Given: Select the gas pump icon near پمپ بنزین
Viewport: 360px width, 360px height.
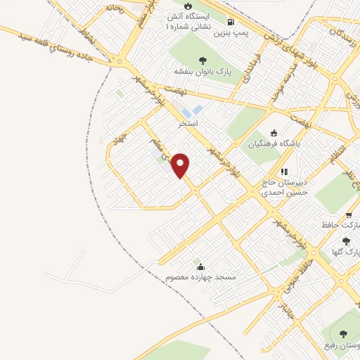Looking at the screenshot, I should [x=232, y=21].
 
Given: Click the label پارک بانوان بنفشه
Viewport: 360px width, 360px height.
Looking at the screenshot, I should [x=205, y=72].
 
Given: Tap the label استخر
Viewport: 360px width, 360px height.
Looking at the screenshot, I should [x=188, y=123].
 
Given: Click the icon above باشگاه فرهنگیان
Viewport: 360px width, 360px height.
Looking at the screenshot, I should [x=274, y=134].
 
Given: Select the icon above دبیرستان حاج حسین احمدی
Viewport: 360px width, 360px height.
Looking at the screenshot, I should [x=284, y=171].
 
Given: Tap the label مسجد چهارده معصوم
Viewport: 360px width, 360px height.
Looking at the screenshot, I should [x=201, y=278].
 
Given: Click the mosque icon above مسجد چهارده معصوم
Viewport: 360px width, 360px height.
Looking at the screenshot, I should [x=201, y=266].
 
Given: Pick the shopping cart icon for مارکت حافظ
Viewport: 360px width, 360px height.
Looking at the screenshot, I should [x=349, y=215].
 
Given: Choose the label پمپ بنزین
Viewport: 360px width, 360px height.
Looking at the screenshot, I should [x=212, y=32].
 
